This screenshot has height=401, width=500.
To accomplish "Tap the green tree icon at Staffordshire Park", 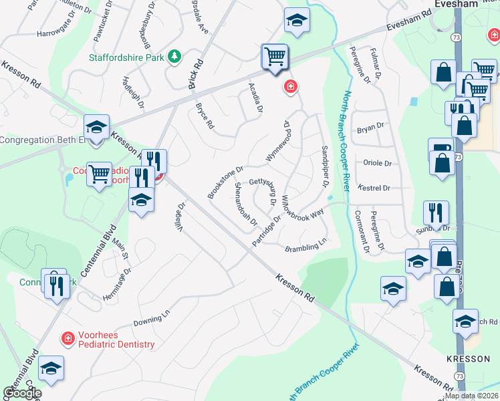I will (175, 57).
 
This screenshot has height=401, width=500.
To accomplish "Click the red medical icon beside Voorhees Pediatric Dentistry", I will (68, 339).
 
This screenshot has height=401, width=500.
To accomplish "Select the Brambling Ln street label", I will (305, 245).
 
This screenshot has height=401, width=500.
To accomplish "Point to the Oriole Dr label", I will (376, 162).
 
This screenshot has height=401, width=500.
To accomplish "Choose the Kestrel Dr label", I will (374, 188).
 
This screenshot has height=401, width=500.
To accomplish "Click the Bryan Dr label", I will (370, 126).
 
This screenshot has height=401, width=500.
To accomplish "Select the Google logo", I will (22, 393).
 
